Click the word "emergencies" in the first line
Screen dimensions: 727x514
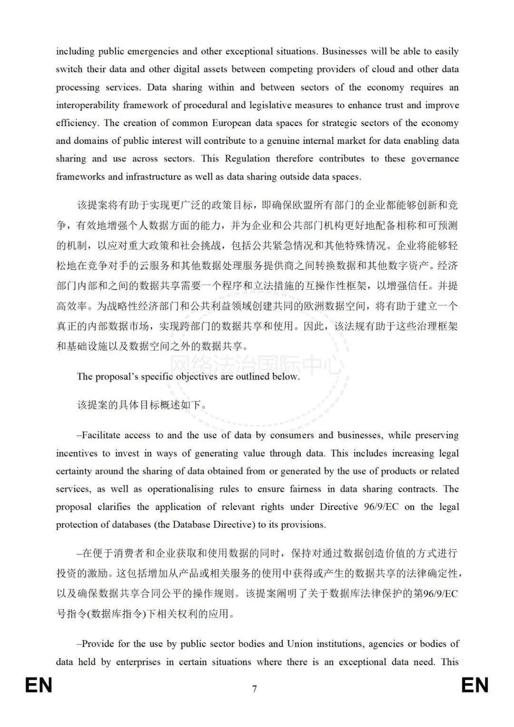pos(146,51)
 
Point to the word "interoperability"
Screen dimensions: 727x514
pos(87,105)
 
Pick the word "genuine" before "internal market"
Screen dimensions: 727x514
pos(284,141)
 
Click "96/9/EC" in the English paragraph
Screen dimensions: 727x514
pos(381,507)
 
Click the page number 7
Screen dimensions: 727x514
pos(255,689)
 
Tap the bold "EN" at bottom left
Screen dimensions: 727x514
pos(39,686)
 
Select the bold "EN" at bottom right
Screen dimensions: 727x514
pos(475,686)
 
